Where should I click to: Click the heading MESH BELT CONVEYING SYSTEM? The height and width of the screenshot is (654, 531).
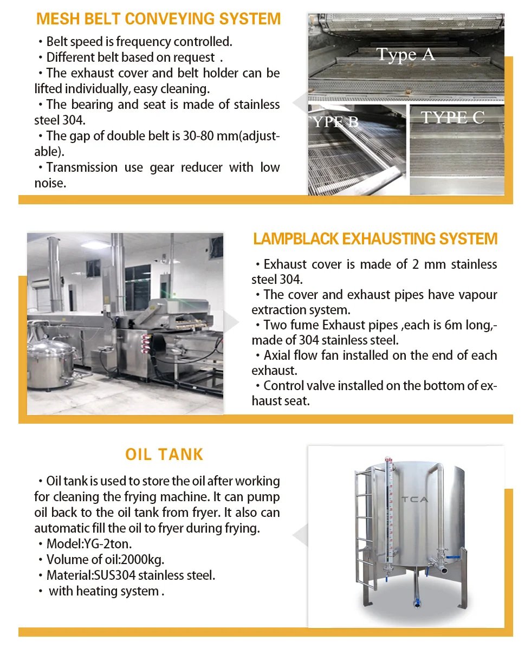[158, 18]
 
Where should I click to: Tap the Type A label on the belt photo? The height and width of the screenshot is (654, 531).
[405, 55]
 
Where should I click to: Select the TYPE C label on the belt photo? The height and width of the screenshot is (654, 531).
[452, 118]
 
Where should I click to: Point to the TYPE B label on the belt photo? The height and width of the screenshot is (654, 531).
[335, 121]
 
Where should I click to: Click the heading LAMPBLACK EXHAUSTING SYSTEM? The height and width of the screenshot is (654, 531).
[375, 239]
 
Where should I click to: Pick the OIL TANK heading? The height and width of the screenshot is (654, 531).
[164, 454]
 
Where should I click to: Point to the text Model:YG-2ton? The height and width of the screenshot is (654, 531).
[89, 544]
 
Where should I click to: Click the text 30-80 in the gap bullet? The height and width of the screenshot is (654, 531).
[198, 136]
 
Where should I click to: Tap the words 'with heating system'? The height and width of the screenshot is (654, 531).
[104, 591]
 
